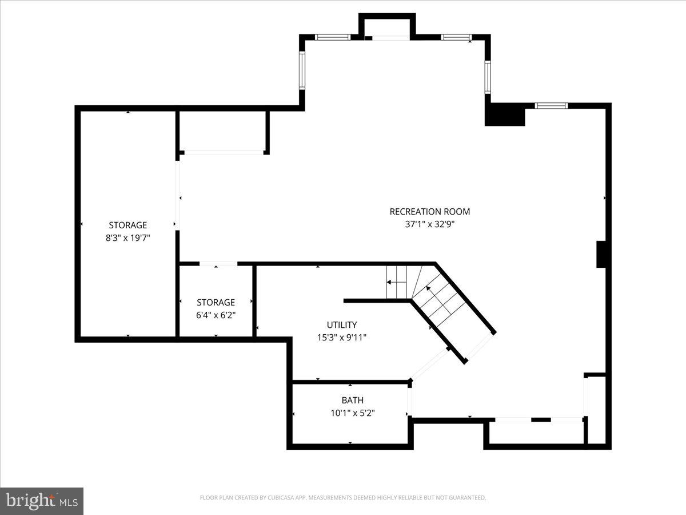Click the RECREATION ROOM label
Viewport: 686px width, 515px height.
429,212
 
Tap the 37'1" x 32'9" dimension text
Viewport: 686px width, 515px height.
429,225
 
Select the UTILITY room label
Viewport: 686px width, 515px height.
342,324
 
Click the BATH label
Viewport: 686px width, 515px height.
353,400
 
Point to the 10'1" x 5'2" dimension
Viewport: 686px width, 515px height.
353,413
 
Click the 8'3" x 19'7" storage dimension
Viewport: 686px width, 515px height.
128,237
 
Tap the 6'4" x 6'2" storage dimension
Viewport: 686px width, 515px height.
216,315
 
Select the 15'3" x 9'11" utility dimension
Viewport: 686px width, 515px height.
342,338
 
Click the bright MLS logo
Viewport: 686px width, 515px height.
42,501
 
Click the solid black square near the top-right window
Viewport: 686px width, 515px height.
505,114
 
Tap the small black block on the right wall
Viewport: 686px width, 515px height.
601,255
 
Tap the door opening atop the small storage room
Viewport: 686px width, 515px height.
218,264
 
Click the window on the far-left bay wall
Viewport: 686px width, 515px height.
302,69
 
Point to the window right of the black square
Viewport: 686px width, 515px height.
551,105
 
